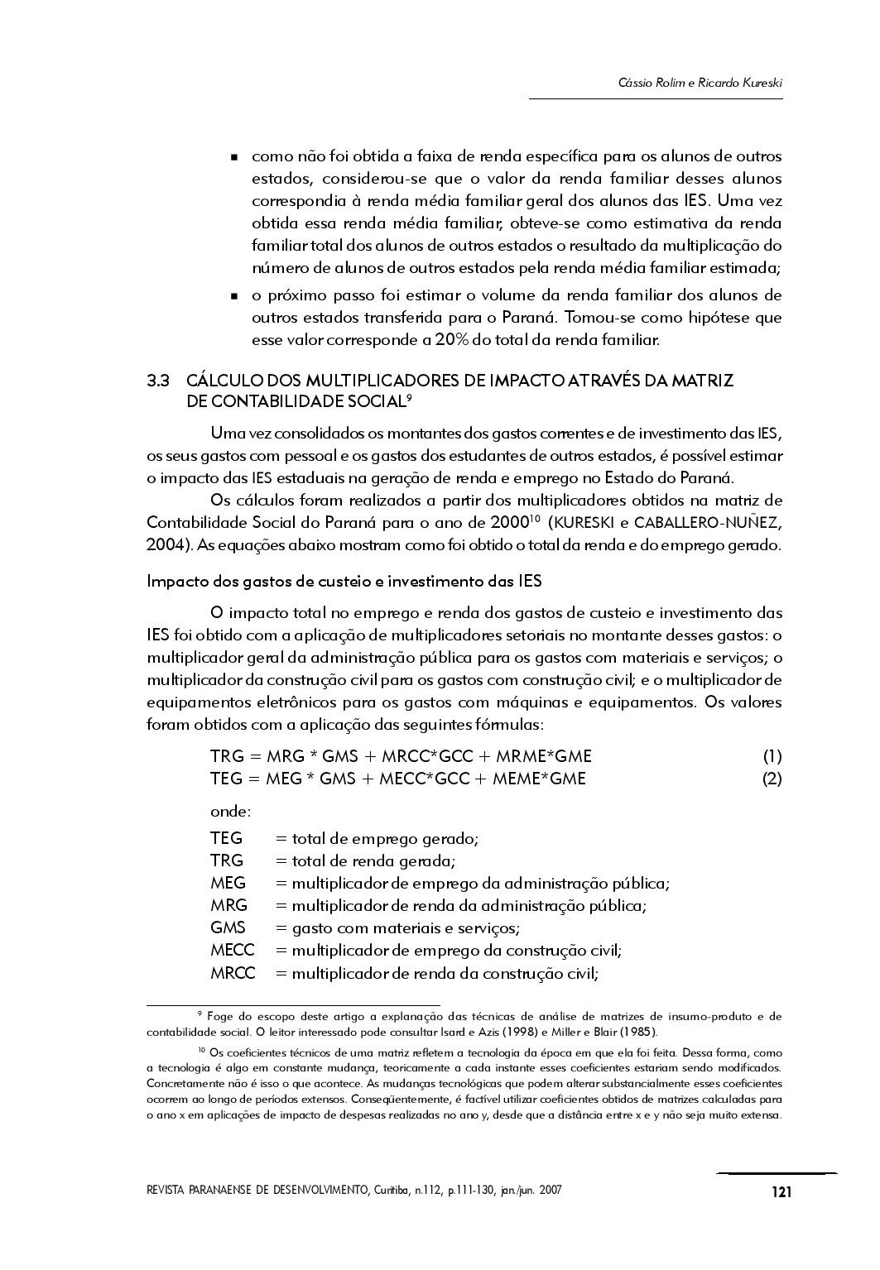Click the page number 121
(781, 1192)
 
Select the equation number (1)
(772, 756)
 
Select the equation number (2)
(772, 779)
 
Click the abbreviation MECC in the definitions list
(232, 951)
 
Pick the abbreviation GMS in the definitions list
(228, 928)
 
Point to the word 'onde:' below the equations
(230, 812)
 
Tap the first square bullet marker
(235, 157)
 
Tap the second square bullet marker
(235, 296)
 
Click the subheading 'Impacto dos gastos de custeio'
(344, 581)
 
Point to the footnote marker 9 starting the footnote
(200, 1014)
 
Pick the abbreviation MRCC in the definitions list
(233, 973)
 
